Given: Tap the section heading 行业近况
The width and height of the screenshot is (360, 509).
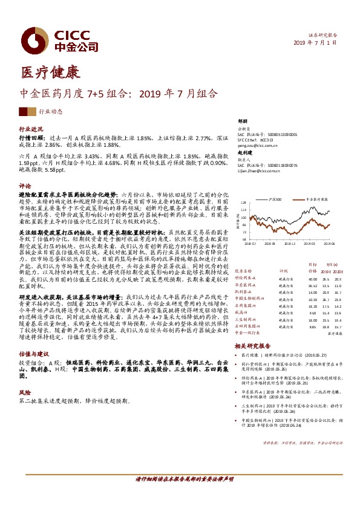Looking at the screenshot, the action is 31,129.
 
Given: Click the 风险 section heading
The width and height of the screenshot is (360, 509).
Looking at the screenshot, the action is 25,392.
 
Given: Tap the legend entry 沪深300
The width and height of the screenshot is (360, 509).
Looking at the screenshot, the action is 277,198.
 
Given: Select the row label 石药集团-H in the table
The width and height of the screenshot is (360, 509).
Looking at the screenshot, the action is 244,289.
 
